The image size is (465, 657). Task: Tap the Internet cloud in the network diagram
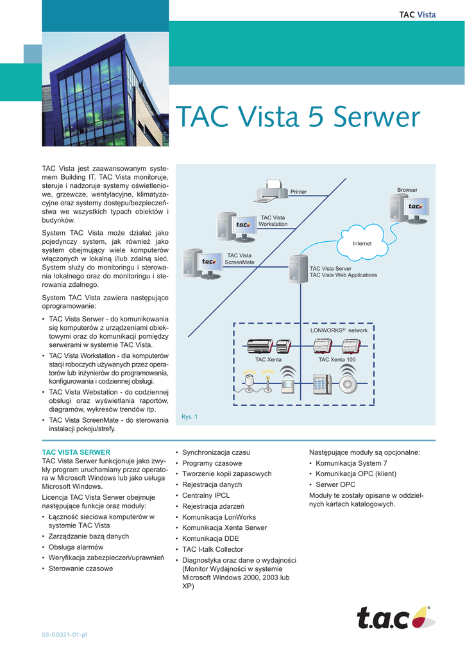362,243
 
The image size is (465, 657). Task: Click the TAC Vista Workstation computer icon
236,226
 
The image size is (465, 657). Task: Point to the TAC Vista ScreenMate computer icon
203,264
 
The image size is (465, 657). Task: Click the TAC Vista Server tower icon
298,269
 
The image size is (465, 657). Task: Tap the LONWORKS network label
339,330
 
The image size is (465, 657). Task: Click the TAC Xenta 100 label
337,359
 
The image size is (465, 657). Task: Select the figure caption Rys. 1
189,417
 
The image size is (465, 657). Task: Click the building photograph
105,89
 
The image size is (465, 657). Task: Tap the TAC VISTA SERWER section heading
76,452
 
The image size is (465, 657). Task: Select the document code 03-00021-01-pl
64,635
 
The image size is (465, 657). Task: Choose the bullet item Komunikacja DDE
210,538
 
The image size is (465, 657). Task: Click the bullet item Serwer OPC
335,484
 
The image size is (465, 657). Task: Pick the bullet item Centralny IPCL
206,495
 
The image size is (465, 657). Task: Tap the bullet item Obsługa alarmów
76,547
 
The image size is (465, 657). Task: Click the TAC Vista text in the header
418,15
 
